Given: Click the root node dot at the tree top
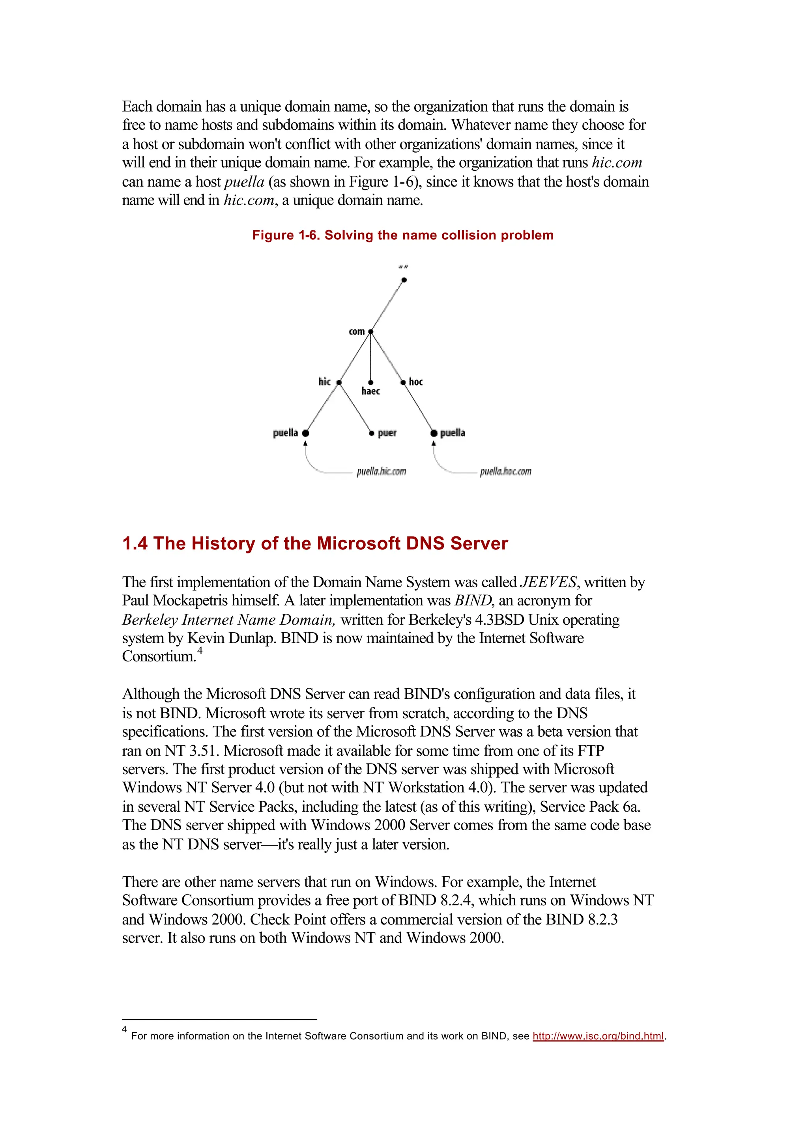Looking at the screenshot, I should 404,280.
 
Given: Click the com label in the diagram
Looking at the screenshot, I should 356,331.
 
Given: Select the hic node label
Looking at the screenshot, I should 324,381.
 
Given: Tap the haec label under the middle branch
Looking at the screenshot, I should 371,391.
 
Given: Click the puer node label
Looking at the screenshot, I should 387,433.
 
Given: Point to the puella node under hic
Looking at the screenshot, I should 305,433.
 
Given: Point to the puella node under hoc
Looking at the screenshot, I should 434,433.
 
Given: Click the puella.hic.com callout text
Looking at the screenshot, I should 381,472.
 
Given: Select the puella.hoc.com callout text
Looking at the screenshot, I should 505,472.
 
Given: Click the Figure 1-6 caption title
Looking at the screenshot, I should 402,235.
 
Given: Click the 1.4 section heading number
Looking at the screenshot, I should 135,543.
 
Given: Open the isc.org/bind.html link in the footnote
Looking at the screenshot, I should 598,1036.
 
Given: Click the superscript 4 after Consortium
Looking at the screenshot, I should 200,651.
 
